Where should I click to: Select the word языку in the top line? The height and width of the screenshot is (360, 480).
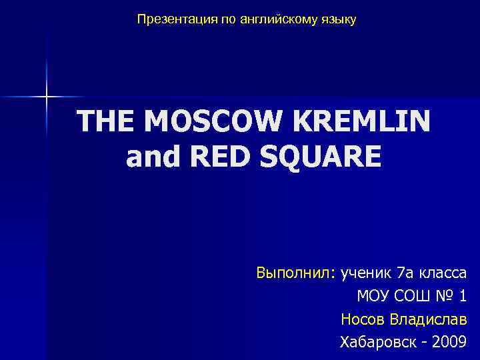(x=339, y=20)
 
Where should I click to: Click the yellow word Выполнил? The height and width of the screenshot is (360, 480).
(x=296, y=273)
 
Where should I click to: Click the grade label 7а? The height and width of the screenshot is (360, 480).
(x=405, y=273)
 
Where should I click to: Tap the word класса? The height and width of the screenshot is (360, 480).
(x=442, y=273)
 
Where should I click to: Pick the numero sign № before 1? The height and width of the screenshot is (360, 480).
(x=444, y=297)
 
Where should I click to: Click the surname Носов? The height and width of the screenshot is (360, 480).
(x=361, y=320)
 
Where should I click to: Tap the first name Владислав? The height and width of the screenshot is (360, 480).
(x=427, y=320)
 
